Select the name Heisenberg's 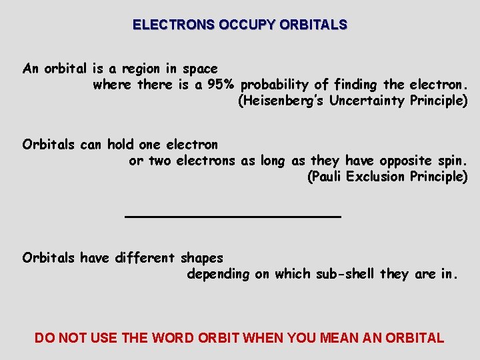tap(281, 101)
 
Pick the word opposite tap(403, 161)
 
